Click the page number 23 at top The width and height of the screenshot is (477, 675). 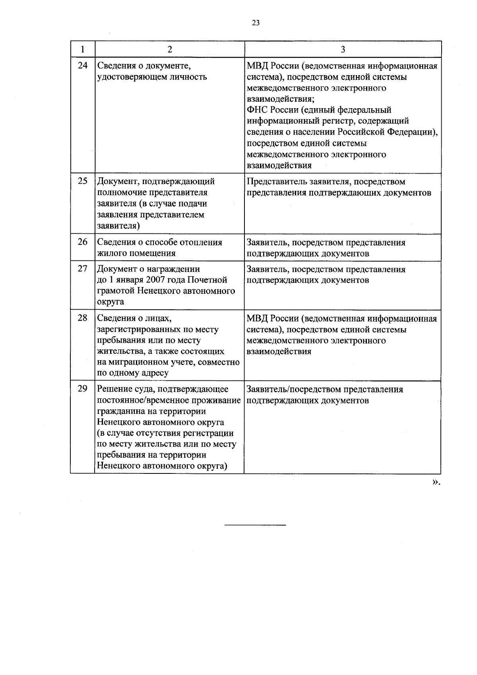point(256,23)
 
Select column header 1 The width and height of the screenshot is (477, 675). point(82,49)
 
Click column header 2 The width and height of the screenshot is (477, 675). point(170,49)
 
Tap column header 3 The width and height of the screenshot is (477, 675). point(343,49)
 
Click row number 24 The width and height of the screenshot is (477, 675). point(82,65)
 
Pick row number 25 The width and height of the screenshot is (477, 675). point(82,181)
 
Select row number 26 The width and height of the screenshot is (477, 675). point(82,242)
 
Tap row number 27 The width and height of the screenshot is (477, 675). point(82,268)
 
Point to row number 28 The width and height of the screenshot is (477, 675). point(82,318)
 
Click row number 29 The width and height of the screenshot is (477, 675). point(82,388)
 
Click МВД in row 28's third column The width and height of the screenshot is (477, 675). point(257,319)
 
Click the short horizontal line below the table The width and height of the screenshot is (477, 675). point(255,526)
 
